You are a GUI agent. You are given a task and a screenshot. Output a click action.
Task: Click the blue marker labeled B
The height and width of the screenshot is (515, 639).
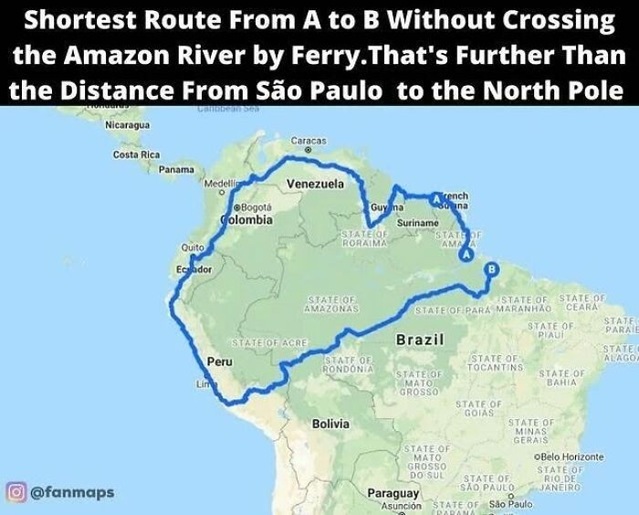[x=491, y=269]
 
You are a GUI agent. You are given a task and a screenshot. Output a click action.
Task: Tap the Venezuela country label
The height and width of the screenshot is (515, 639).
[x=315, y=184]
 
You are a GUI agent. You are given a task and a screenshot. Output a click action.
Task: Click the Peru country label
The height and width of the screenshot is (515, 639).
[x=220, y=363]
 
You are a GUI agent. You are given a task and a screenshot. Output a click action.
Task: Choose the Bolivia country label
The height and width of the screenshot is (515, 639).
[x=330, y=424]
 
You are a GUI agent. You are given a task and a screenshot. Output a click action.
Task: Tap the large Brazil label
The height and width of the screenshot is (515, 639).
[x=420, y=341]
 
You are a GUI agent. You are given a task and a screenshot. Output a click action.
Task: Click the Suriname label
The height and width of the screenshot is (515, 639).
[x=416, y=223]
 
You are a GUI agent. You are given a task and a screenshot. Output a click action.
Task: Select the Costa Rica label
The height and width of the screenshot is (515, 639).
[x=135, y=154]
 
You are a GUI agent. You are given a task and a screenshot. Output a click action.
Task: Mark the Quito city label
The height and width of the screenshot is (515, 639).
[x=193, y=247]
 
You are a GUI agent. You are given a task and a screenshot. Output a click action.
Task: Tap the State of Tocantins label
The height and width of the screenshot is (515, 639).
[x=498, y=363]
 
